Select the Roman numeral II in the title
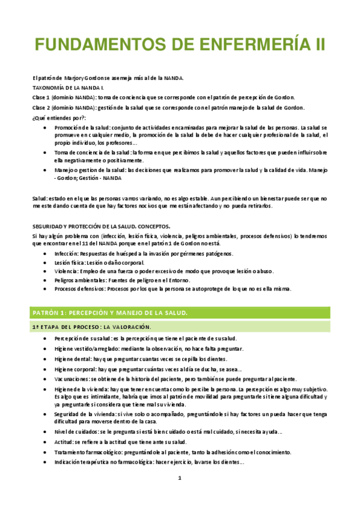319,45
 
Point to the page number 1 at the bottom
179,478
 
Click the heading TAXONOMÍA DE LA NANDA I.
68,87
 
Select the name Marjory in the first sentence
73,78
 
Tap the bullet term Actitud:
64,442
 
